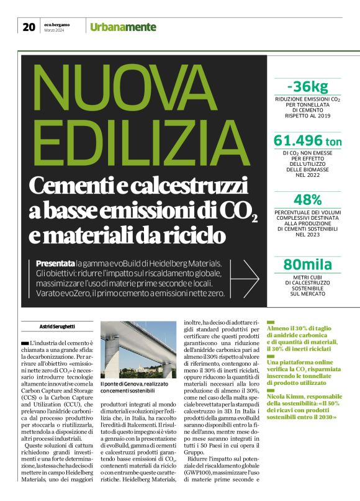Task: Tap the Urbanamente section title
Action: click(x=123, y=27)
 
